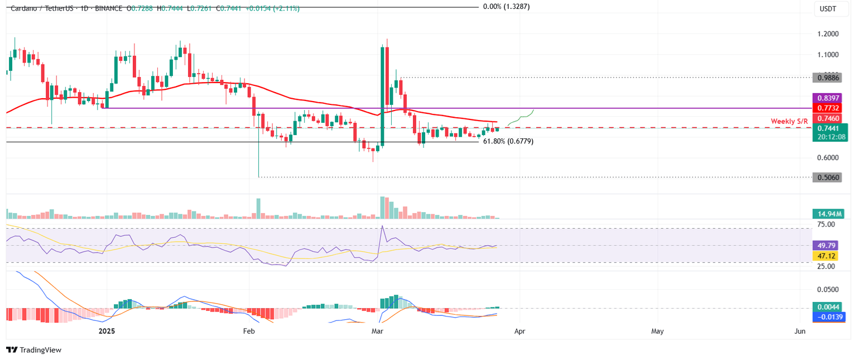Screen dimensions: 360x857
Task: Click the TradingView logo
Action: [33, 350]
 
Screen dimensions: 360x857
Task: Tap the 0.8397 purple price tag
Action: [828, 98]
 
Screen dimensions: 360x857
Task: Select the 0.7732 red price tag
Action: [828, 108]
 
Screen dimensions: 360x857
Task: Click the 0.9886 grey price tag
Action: [828, 78]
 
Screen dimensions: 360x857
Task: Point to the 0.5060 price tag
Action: [828, 177]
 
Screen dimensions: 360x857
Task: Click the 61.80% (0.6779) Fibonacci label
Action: [508, 142]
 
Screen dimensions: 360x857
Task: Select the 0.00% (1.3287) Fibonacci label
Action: [506, 7]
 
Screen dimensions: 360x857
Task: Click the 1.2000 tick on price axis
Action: [828, 33]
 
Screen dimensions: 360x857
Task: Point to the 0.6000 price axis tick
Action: [828, 157]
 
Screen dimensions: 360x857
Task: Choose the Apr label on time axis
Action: [520, 331]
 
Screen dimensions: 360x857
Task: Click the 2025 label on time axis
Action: [106, 331]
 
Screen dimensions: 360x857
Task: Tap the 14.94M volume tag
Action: [828, 213]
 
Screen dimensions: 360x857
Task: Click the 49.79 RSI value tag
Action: [828, 246]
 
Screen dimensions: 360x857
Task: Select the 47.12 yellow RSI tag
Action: [828, 256]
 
